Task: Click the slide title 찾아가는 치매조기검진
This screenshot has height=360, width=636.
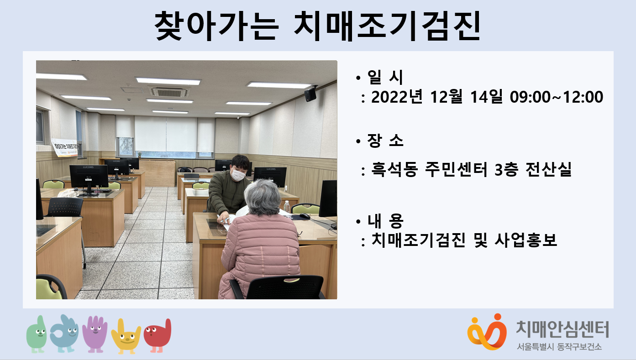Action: coord(317,26)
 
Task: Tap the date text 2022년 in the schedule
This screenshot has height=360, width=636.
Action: coord(397,97)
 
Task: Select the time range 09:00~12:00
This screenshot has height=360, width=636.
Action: coord(557,97)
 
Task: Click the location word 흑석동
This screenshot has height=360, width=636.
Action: coord(394,169)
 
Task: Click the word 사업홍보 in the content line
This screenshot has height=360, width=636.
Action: coord(526,240)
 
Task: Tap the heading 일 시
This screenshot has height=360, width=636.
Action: coord(385,77)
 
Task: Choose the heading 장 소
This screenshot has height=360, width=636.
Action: coord(385,141)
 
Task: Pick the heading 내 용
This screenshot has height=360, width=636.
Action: coord(385,221)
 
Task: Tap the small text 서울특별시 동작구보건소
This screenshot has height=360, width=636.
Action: coord(559,347)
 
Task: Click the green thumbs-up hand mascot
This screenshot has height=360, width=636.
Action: coord(37,334)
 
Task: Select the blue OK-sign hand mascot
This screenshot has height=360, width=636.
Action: coord(64,334)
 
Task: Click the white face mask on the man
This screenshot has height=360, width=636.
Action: coord(237,174)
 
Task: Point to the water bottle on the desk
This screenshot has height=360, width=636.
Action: coord(287,207)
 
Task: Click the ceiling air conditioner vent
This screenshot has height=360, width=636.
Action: coord(169,92)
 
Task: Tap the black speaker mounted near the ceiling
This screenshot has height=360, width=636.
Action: coord(310,94)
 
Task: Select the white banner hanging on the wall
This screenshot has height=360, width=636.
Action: coord(65,147)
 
